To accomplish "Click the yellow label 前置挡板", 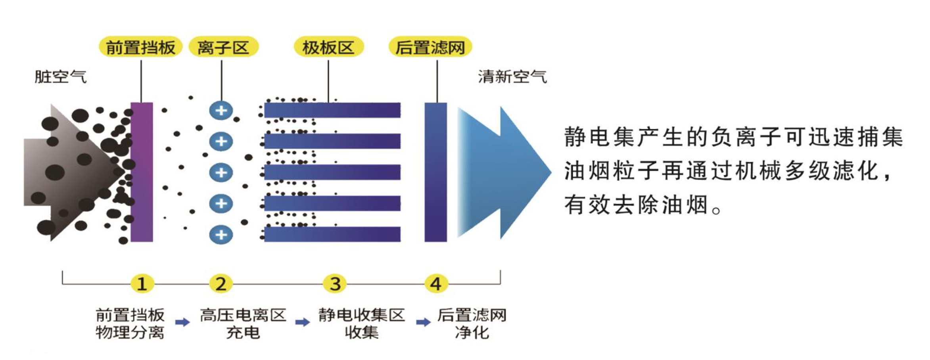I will point(140,48).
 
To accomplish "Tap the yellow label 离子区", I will point(223,48).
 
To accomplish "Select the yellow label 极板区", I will point(328,48).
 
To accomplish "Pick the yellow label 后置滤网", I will point(430,48).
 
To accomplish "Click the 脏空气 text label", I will point(60,77).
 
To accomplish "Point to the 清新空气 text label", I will point(512,77).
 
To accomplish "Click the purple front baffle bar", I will point(142,172).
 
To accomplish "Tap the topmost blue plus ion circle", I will point(221,110).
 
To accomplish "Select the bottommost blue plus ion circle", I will point(221,234).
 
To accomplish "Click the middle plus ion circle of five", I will point(221,172).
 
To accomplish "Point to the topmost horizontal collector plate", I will point(332,110).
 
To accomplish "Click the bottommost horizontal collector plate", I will point(332,234).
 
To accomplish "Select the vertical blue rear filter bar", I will point(435,172).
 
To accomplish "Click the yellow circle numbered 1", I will point(142,284).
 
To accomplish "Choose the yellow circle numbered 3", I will point(335,284).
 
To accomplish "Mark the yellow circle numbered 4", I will point(436,284).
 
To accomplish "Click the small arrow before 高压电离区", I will point(182,322).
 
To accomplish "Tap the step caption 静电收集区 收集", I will point(361,324).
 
